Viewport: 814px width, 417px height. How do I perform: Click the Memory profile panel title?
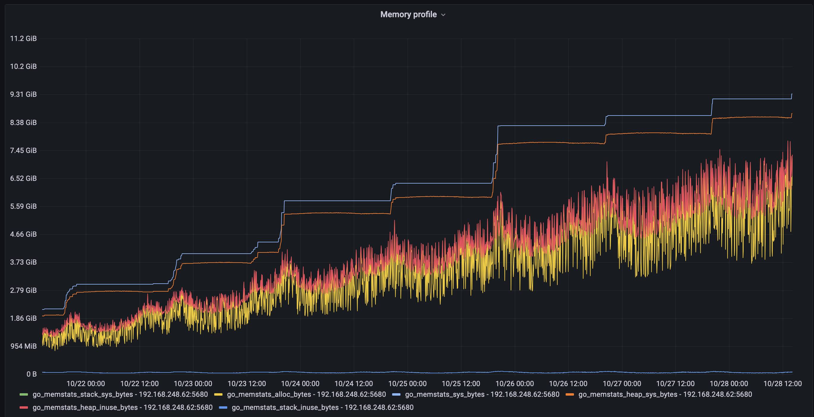408,15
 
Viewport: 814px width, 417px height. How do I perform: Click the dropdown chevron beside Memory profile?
443,15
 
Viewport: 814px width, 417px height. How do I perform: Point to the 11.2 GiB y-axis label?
23,39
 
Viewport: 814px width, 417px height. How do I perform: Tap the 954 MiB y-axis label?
23,346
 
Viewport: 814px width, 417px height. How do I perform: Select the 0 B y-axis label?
31,374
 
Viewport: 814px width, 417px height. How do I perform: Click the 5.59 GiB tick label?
23,206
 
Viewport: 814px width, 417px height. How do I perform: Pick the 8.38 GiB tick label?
23,123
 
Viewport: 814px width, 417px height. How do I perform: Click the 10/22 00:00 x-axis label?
86,383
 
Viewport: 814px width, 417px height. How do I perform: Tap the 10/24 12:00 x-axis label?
354,383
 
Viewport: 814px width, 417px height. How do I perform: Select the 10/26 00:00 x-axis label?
515,383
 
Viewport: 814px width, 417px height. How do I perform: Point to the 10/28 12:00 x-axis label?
783,383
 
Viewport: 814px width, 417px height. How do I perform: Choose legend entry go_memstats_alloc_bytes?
306,394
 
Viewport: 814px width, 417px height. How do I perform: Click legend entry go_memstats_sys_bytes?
482,394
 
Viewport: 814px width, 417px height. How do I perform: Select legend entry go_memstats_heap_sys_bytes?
665,394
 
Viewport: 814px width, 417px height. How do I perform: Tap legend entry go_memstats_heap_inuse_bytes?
122,407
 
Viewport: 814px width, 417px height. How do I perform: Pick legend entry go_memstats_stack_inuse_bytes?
322,407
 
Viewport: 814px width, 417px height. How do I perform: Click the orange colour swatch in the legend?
570,394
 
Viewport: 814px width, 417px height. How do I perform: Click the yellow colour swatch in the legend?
218,394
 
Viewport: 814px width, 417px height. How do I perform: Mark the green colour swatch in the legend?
24,394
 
